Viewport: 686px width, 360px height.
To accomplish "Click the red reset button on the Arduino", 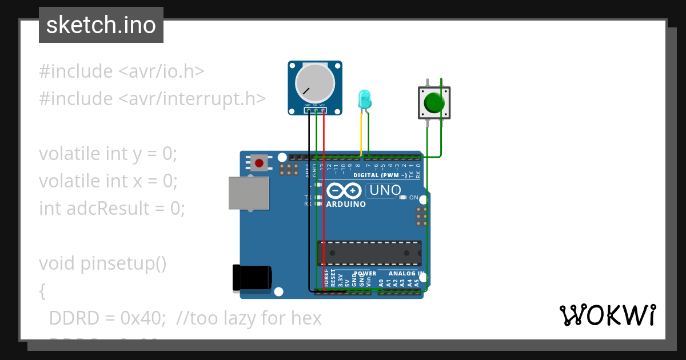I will coord(259,163).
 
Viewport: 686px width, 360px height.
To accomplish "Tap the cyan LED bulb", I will coord(364,99).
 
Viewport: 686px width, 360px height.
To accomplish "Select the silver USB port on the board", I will coord(249,193).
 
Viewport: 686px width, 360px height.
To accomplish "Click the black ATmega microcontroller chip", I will coord(369,253).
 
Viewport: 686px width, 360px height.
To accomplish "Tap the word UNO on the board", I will coord(385,190).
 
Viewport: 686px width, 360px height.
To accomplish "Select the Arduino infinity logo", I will coord(344,190).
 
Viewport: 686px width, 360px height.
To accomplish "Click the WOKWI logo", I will coord(607,315).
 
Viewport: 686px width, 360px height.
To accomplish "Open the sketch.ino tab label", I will coord(101,25).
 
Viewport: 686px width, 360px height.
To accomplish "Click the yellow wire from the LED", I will coord(361,134).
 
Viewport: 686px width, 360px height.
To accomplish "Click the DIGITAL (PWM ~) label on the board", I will coord(380,175).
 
